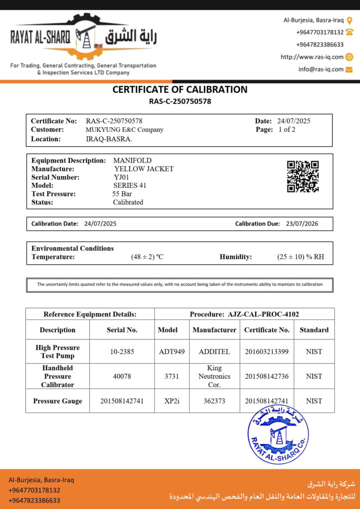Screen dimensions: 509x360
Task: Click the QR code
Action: point(302,176)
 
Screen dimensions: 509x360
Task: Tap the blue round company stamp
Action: point(277,435)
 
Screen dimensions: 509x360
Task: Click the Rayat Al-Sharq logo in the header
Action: point(84,37)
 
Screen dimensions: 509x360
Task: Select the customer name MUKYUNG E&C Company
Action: point(124,130)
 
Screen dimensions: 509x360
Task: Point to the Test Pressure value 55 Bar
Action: point(122,194)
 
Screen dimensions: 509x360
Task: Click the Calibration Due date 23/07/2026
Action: point(302,224)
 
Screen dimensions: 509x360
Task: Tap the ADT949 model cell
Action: point(172,351)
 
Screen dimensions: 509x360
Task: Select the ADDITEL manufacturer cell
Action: point(214,351)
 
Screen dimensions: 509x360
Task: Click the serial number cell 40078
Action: point(122,376)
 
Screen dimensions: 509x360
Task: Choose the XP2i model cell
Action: point(172,401)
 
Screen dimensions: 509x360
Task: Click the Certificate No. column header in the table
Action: point(267,330)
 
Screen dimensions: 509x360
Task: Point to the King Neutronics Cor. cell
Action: point(214,376)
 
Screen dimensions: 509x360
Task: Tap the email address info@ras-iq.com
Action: point(321,69)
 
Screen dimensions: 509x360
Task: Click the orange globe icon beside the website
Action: point(349,57)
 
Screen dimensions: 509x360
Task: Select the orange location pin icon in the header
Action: point(349,20)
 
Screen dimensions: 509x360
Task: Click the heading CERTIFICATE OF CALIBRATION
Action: point(180,90)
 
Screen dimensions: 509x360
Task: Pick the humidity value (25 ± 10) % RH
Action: point(300,257)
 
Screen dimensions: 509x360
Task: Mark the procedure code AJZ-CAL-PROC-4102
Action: point(264,314)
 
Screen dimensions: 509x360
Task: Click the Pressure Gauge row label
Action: point(58,401)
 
